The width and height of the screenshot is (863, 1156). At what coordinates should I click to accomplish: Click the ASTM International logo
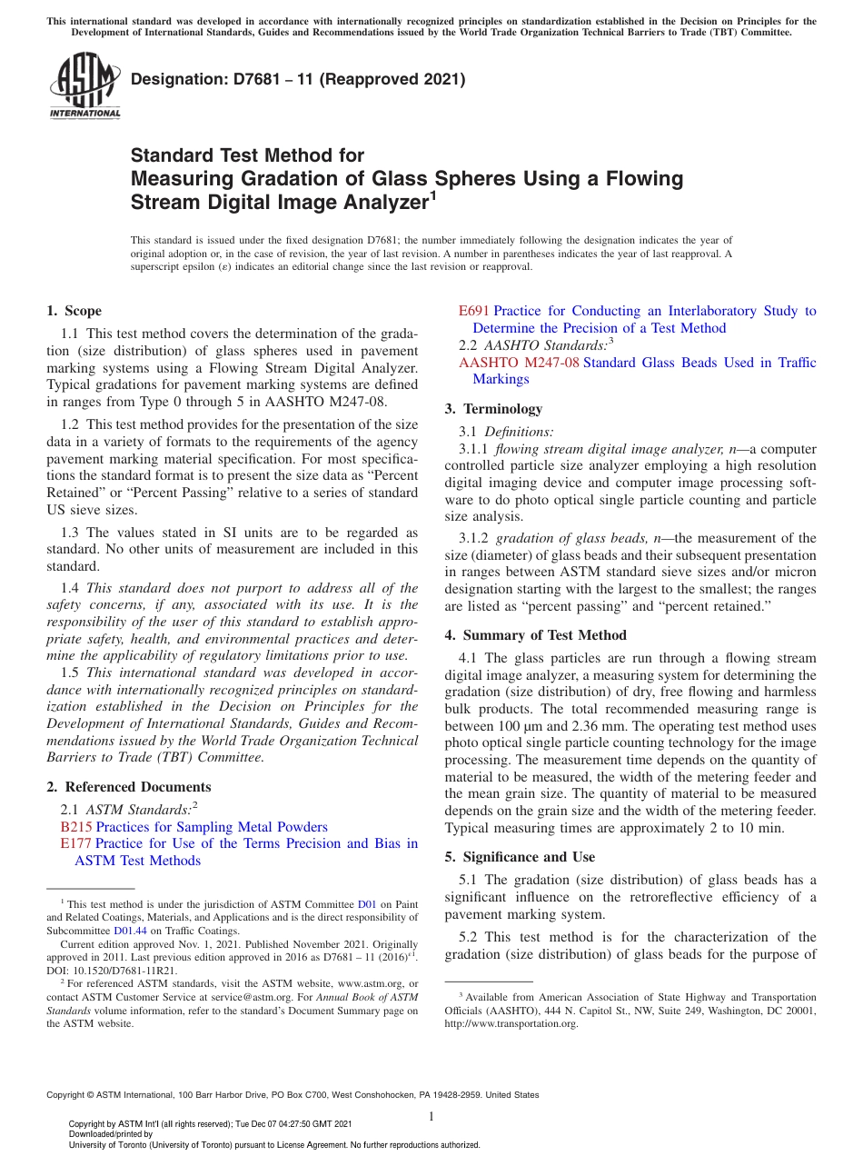coord(84,86)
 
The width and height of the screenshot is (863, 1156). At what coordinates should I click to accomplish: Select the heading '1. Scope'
coord(74,311)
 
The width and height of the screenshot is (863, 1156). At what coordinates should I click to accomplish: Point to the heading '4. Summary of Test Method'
coord(535,635)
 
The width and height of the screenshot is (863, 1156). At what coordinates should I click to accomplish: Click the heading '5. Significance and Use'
coord(520,857)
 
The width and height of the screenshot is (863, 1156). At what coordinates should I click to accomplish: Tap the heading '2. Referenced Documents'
coord(128,787)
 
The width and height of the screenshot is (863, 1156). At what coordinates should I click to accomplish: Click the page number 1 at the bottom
coord(431,1116)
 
